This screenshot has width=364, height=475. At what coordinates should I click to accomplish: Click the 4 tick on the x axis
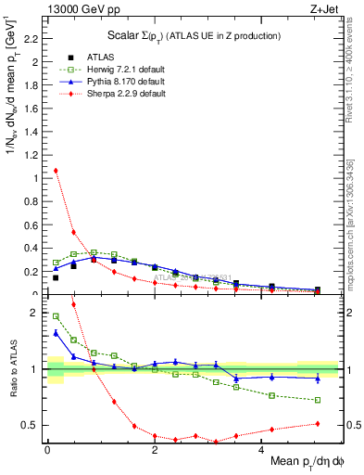point(261,451)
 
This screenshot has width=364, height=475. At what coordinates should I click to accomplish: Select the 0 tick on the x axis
point(47,451)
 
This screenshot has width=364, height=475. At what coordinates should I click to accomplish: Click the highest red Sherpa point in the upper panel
point(56,171)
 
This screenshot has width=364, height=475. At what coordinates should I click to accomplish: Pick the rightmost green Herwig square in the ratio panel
point(318,400)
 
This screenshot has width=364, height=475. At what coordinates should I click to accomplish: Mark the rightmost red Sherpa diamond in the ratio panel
point(318,424)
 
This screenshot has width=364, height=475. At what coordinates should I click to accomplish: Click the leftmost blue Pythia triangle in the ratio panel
point(56,332)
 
